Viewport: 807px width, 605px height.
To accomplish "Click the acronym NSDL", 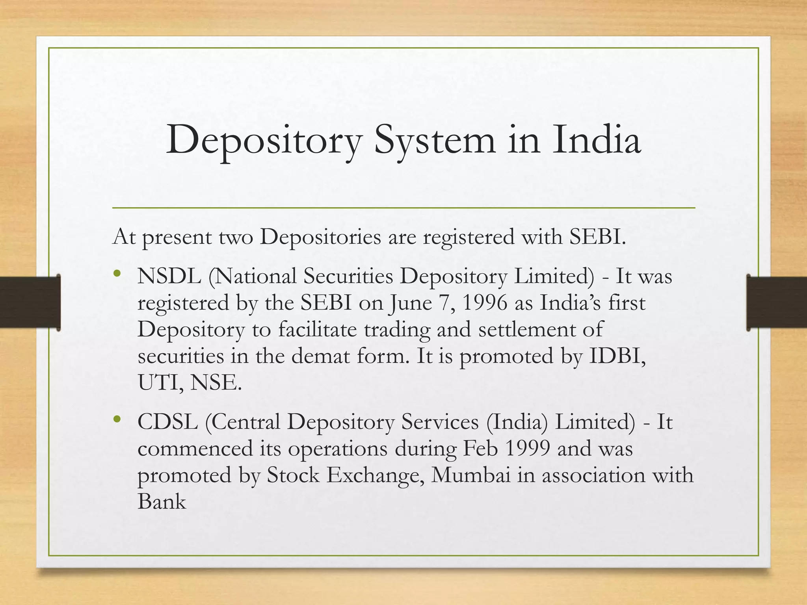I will click(169, 276).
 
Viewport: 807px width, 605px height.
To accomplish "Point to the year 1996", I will click(484, 303).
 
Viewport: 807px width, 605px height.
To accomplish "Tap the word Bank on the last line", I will click(162, 502).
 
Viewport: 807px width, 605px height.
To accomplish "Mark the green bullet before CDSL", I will click(116, 419).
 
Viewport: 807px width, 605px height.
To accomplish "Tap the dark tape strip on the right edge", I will click(776, 302).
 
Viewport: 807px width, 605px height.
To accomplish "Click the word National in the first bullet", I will click(252, 276).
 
